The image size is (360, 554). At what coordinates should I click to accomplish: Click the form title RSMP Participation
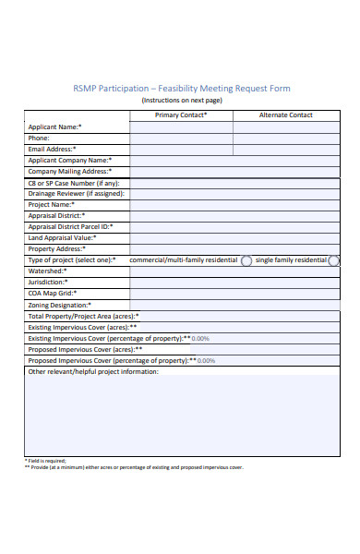click(181, 89)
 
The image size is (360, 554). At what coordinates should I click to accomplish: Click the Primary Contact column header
click(181, 115)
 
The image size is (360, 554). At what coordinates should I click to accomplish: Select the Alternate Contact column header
click(287, 115)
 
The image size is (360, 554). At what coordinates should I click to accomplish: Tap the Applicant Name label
click(54, 126)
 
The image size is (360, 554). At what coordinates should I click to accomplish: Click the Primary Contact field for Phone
click(181, 138)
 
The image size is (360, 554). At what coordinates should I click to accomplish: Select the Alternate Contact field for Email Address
click(287, 149)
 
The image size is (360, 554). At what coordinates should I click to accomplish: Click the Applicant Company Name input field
click(234, 160)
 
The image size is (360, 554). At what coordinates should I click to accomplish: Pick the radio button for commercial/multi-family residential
click(246, 260)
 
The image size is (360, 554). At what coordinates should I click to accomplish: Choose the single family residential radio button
click(333, 260)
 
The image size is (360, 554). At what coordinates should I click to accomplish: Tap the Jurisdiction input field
click(234, 283)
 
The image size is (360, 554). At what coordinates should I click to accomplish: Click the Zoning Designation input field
click(234, 305)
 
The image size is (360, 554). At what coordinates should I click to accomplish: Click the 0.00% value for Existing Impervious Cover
click(200, 338)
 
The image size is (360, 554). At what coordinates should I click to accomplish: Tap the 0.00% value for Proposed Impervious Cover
click(206, 360)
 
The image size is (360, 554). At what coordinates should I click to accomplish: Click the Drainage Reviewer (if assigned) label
click(76, 193)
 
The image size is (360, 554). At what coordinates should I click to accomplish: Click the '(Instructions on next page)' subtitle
click(181, 100)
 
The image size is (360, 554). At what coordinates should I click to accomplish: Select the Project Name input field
click(234, 204)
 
